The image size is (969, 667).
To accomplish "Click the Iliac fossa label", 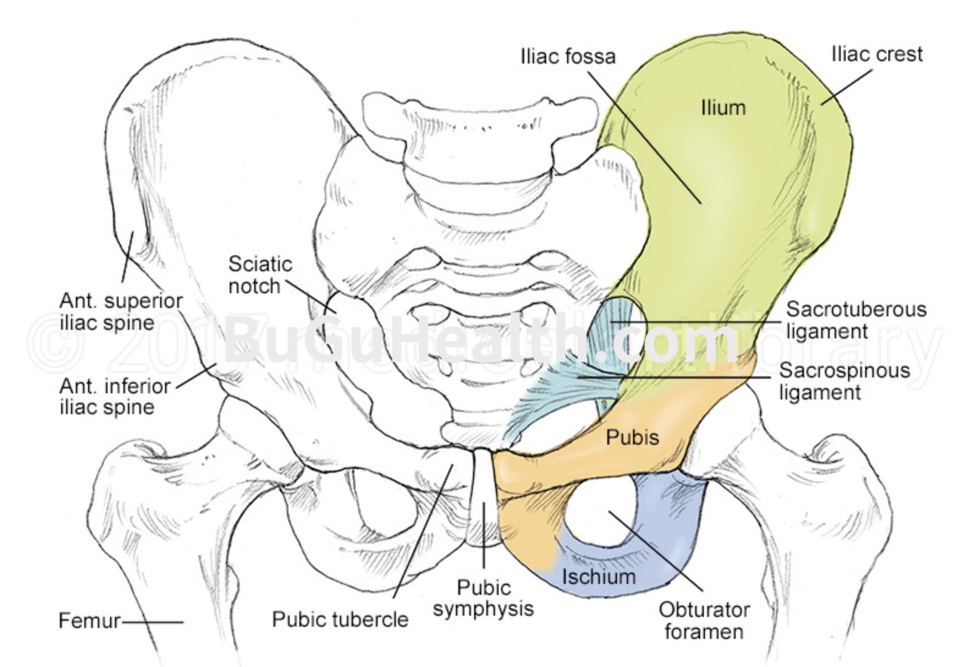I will tap(568, 56).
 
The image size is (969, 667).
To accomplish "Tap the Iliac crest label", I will tap(877, 54).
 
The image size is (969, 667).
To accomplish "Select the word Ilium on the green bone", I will tap(723, 108).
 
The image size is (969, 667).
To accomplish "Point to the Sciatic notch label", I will tap(260, 275).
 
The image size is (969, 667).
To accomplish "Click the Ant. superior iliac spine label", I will tap(121, 312).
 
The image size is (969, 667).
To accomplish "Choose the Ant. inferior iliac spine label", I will tap(115, 396).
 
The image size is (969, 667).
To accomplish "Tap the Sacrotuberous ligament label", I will tap(856, 320).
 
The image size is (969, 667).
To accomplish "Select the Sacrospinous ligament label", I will tap(844, 381).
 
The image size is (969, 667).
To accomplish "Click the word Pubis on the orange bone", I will tap(632, 437).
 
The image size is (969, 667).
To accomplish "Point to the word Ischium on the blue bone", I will tap(598, 576).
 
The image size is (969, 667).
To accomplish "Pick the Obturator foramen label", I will tap(704, 619).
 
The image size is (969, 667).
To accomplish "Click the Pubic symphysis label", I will tap(483, 598).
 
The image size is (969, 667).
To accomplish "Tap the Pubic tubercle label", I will tap(340, 619).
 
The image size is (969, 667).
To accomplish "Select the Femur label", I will tap(89, 621).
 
